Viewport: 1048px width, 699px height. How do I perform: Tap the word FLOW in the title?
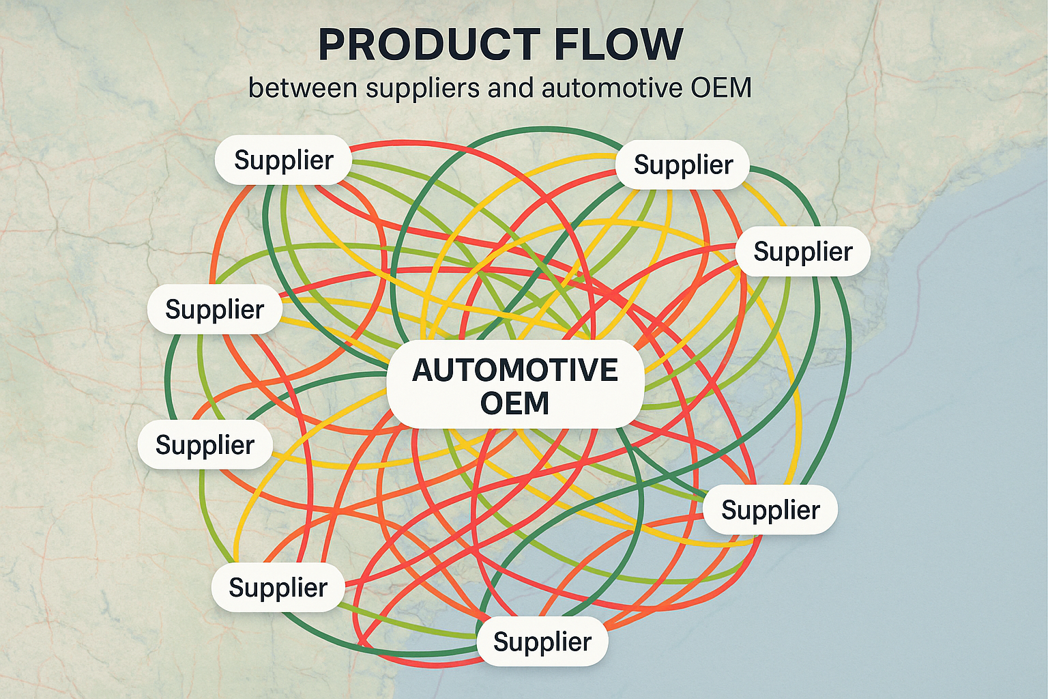tap(618, 45)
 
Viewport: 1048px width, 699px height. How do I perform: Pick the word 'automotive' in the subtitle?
tap(612, 88)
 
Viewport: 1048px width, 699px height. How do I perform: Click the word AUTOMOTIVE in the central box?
tap(515, 371)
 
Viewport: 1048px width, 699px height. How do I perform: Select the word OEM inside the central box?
tap(514, 403)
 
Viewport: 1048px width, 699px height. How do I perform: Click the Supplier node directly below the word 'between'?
tap(283, 160)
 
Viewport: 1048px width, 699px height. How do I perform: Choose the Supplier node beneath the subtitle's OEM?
tap(683, 165)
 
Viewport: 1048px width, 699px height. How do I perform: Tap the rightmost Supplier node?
tap(802, 252)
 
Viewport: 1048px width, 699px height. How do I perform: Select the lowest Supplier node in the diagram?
tap(542, 642)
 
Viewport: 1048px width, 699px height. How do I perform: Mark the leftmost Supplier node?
tap(205, 445)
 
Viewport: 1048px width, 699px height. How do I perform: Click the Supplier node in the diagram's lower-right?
tap(770, 510)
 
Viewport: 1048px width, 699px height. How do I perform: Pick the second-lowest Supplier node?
tap(278, 588)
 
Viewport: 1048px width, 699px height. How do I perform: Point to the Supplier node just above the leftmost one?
tap(214, 310)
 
